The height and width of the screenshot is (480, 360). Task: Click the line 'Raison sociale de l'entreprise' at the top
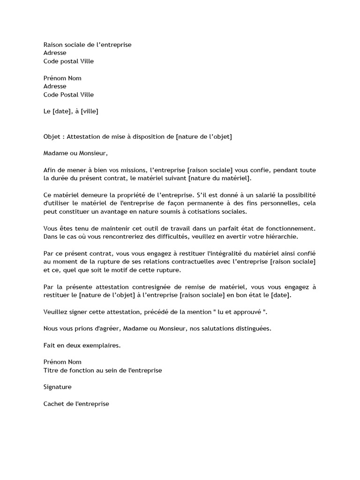87,45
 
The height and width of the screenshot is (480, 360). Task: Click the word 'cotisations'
199,211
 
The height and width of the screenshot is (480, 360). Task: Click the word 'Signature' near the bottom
57,387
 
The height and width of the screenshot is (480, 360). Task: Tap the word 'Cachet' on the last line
53,404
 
